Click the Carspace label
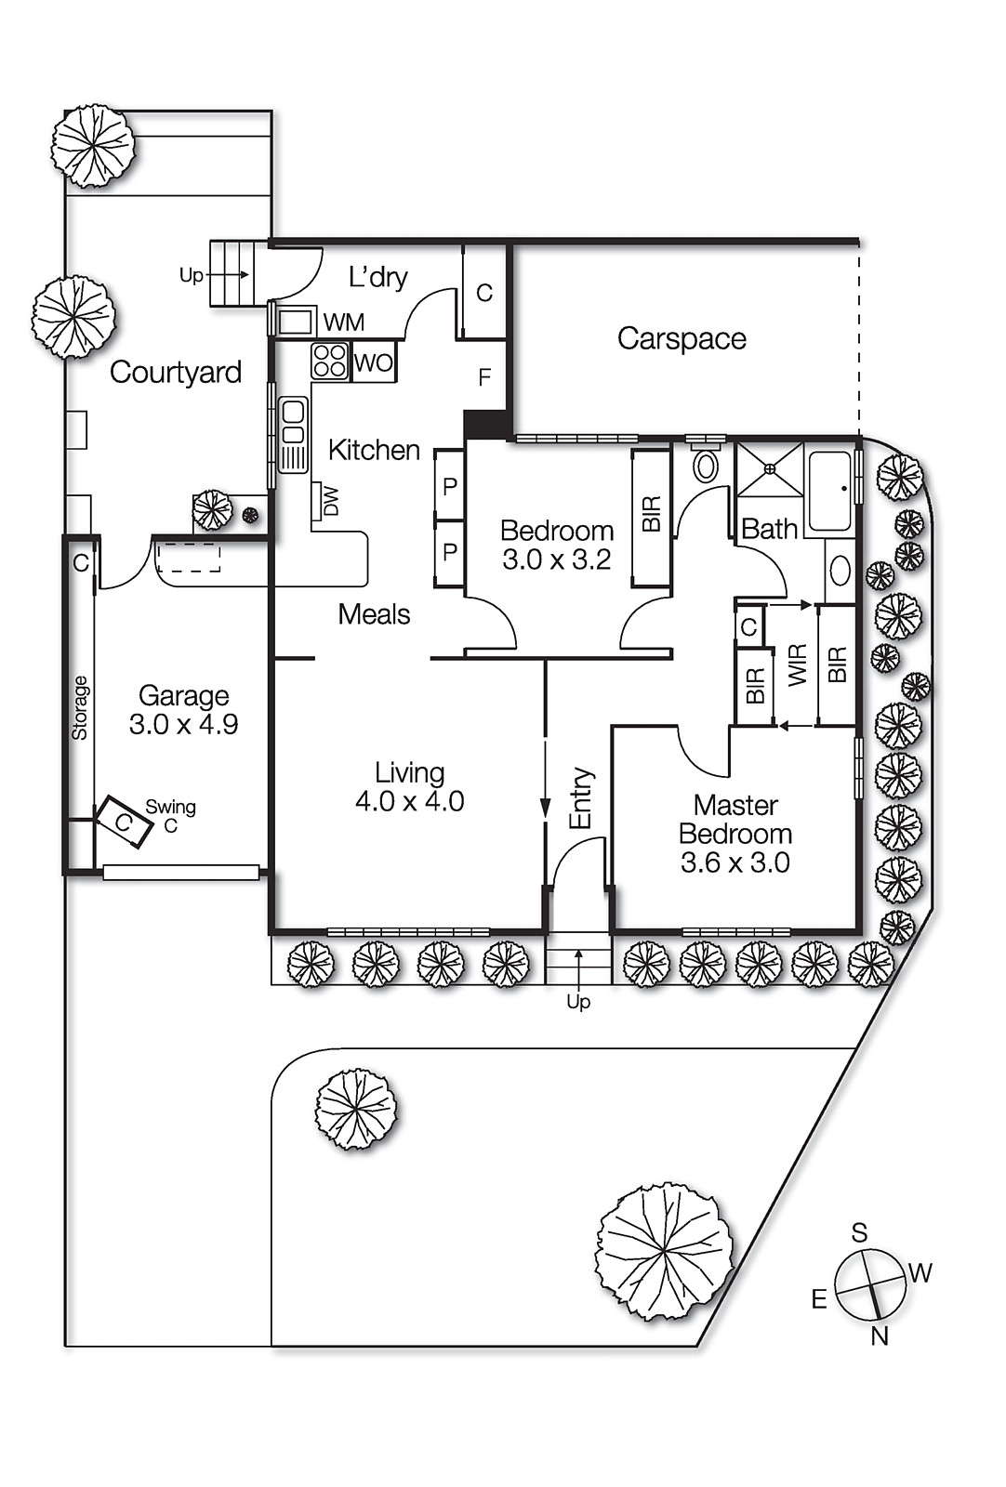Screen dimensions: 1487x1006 pyautogui.click(x=682, y=338)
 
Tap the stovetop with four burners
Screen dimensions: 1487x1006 pyautogui.click(x=329, y=361)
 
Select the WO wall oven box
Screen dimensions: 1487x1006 pyautogui.click(x=374, y=362)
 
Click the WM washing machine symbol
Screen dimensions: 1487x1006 pyautogui.click(x=296, y=322)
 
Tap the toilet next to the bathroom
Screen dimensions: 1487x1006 pyautogui.click(x=706, y=464)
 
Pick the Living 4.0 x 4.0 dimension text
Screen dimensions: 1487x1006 pyautogui.click(x=409, y=801)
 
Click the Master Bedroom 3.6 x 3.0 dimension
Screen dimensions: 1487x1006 pyautogui.click(x=735, y=862)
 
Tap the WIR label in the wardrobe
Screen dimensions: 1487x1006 pyautogui.click(x=798, y=665)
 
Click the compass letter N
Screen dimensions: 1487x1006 pyautogui.click(x=880, y=1336)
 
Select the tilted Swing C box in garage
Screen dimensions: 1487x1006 pyautogui.click(x=125, y=822)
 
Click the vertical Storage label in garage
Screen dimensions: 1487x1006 pyautogui.click(x=80, y=707)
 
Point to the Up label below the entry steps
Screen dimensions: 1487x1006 pyautogui.click(x=578, y=1002)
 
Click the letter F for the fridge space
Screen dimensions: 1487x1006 pyautogui.click(x=483, y=377)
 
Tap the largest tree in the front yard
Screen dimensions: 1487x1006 pyautogui.click(x=664, y=1250)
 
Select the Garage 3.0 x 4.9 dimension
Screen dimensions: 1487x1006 pyautogui.click(x=183, y=725)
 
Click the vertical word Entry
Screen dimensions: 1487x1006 pyautogui.click(x=580, y=797)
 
